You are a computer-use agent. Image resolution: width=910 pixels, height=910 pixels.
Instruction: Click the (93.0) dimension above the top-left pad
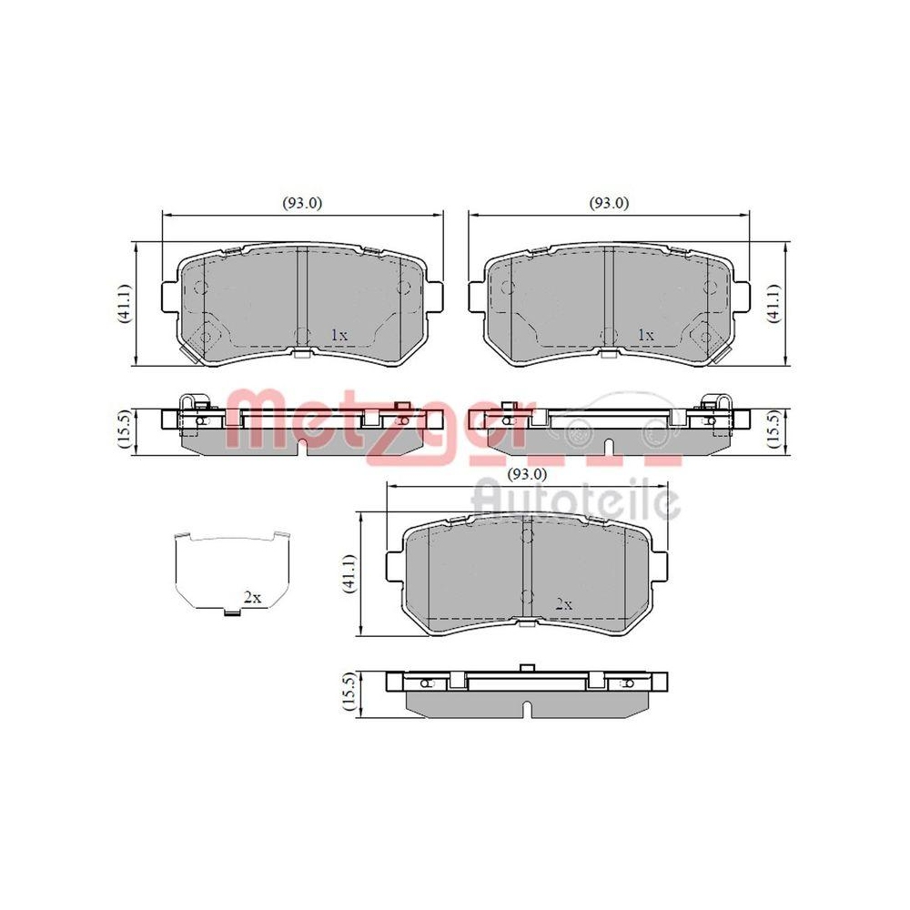click(303, 204)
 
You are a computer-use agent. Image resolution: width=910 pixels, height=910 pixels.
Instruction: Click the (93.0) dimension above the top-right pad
click(609, 204)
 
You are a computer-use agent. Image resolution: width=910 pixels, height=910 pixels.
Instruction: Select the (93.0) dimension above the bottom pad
click(527, 474)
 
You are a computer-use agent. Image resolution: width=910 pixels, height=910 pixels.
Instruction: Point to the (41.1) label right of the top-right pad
click(773, 304)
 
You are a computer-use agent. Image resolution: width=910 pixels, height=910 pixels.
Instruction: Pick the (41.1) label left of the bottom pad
click(348, 575)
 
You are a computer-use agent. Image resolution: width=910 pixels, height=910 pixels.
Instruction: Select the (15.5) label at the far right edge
click(773, 429)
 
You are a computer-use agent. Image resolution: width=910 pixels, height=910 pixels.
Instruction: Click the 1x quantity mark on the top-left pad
click(339, 335)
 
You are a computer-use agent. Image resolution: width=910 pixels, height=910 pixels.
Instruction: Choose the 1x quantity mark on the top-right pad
click(645, 335)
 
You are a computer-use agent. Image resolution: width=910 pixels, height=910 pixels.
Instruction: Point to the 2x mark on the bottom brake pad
click(563, 603)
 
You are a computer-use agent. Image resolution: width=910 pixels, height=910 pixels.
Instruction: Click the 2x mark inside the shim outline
click(251, 598)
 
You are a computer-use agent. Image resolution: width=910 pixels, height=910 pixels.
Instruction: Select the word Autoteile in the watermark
click(575, 499)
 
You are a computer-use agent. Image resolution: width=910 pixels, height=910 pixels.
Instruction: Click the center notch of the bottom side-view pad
click(526, 707)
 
